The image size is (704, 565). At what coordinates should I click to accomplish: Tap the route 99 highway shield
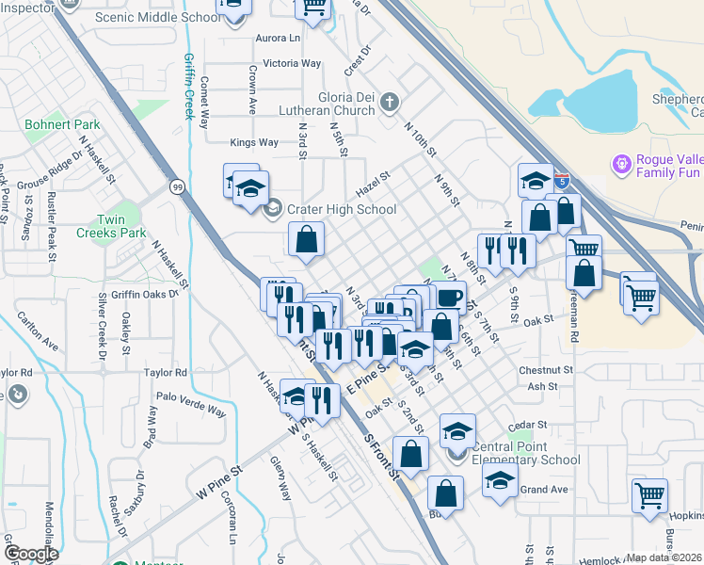(x=177, y=187)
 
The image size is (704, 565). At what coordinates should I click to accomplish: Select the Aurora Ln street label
(x=277, y=39)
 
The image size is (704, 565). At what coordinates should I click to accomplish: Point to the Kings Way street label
(x=254, y=143)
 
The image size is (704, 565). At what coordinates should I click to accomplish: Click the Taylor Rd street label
(x=166, y=373)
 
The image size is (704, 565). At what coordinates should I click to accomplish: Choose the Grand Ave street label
(x=544, y=490)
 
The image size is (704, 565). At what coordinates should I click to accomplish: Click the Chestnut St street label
(x=551, y=371)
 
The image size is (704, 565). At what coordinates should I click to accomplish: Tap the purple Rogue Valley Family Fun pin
(x=621, y=166)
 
